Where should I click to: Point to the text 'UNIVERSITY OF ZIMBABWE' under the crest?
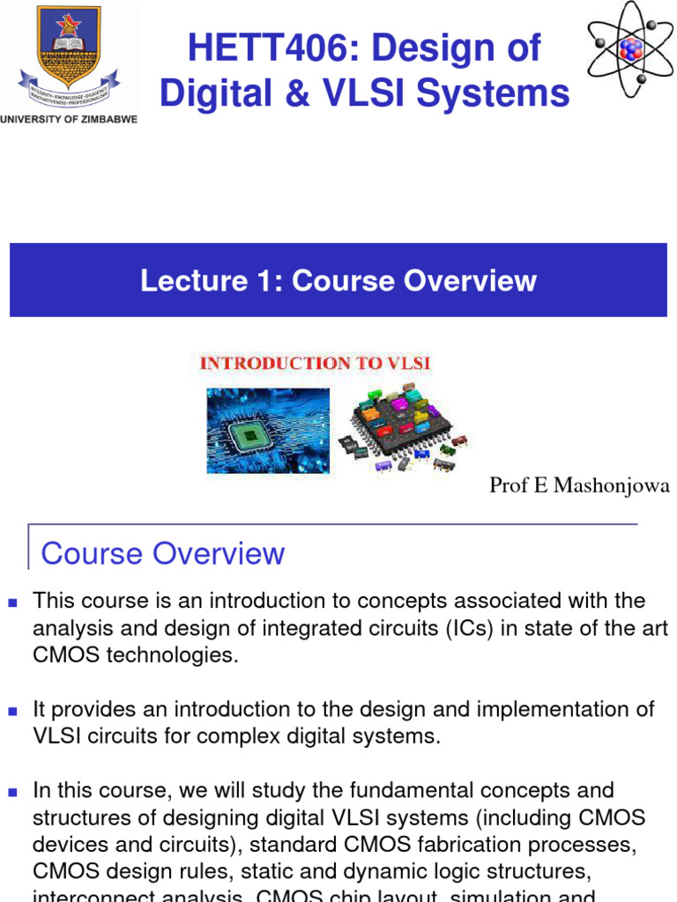[69, 119]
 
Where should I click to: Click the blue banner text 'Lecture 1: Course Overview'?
[338, 280]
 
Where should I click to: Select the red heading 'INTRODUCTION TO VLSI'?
[315, 363]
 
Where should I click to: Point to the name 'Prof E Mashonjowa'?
[579, 485]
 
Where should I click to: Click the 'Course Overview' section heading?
[163, 553]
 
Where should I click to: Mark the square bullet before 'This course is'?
[12, 603]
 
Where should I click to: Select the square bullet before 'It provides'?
[12, 711]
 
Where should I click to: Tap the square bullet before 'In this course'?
[12, 792]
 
